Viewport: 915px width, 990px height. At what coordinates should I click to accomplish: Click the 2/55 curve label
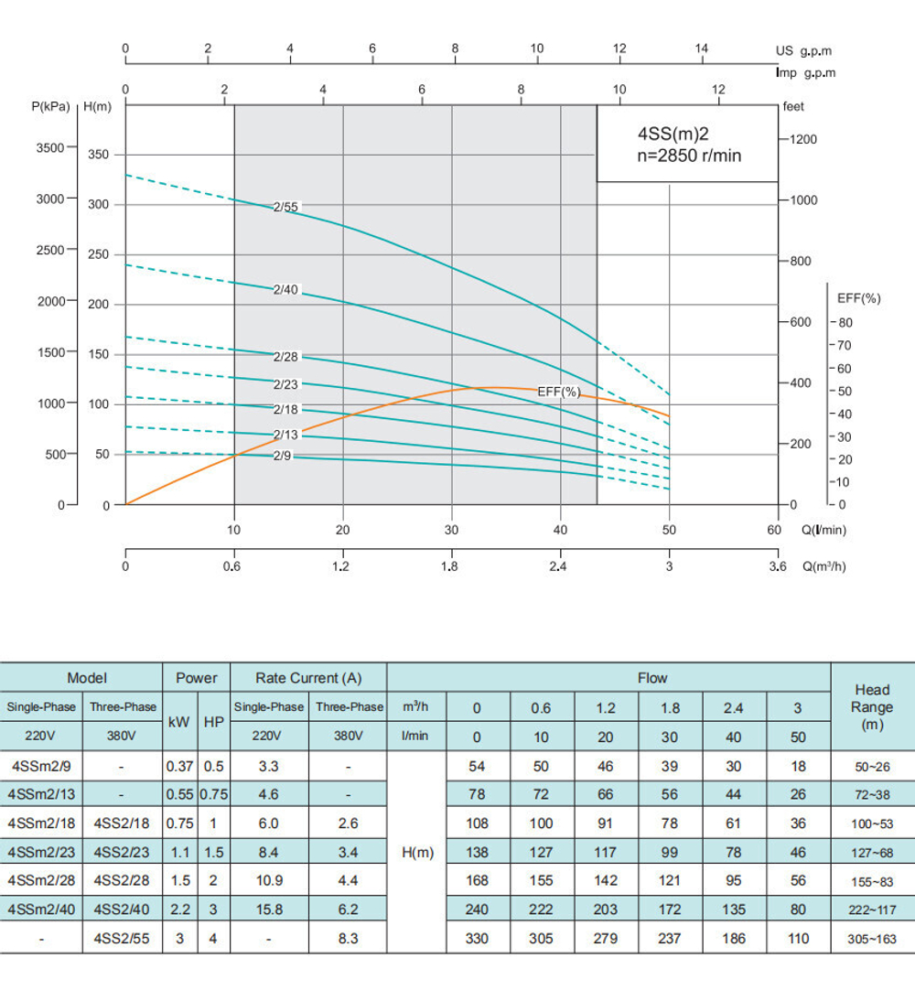[x=285, y=207]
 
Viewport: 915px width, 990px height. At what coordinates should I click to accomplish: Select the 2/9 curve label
[x=282, y=455]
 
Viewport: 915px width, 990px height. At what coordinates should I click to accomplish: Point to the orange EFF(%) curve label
[x=559, y=392]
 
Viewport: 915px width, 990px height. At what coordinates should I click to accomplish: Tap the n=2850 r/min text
[x=689, y=156]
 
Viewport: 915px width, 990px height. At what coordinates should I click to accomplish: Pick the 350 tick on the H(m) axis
[x=98, y=155]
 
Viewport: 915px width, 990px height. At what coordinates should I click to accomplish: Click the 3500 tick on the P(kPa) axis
[x=49, y=147]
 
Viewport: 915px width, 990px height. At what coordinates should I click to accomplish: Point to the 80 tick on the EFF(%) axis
[x=845, y=322]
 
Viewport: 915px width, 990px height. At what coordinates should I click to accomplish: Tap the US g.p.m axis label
[x=804, y=51]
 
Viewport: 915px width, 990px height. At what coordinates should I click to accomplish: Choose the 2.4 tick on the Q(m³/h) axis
[x=558, y=567]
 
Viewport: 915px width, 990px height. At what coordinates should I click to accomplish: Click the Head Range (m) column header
[x=871, y=706]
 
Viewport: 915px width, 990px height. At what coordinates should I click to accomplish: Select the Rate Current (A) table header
[x=308, y=678]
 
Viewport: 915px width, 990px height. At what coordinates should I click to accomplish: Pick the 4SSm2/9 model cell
[x=42, y=766]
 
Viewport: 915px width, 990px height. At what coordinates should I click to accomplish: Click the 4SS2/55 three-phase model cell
[x=122, y=938]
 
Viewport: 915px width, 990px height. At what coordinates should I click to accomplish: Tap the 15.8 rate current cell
[x=268, y=909]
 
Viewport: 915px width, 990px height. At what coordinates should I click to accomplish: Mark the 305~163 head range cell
[x=871, y=938]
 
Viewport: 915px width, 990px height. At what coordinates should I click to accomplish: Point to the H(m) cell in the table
[x=417, y=852]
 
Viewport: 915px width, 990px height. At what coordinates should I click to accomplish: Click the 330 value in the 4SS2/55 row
[x=476, y=938]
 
